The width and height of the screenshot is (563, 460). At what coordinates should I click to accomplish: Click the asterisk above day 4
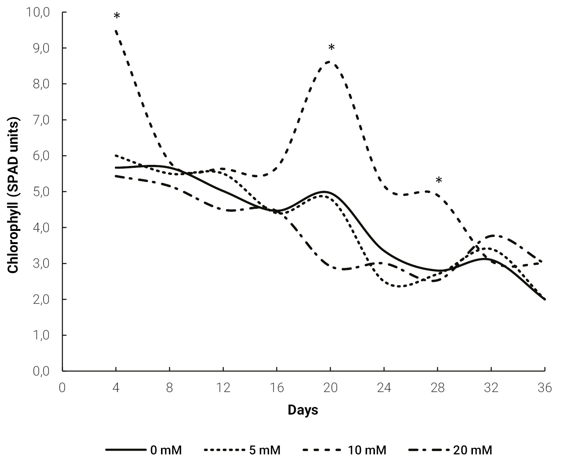[117, 16]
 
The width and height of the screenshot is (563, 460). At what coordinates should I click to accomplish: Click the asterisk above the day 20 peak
[331, 48]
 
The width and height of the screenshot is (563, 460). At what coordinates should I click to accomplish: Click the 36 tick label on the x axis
[545, 388]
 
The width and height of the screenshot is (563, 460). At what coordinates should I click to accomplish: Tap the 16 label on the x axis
[277, 388]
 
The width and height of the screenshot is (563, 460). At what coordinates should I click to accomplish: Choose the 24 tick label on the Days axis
[384, 388]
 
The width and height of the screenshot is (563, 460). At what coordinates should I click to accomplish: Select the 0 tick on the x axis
[62, 388]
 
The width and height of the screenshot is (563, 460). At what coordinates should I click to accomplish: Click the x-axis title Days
[303, 410]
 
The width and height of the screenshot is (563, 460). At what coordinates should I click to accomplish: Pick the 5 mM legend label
[242, 450]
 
